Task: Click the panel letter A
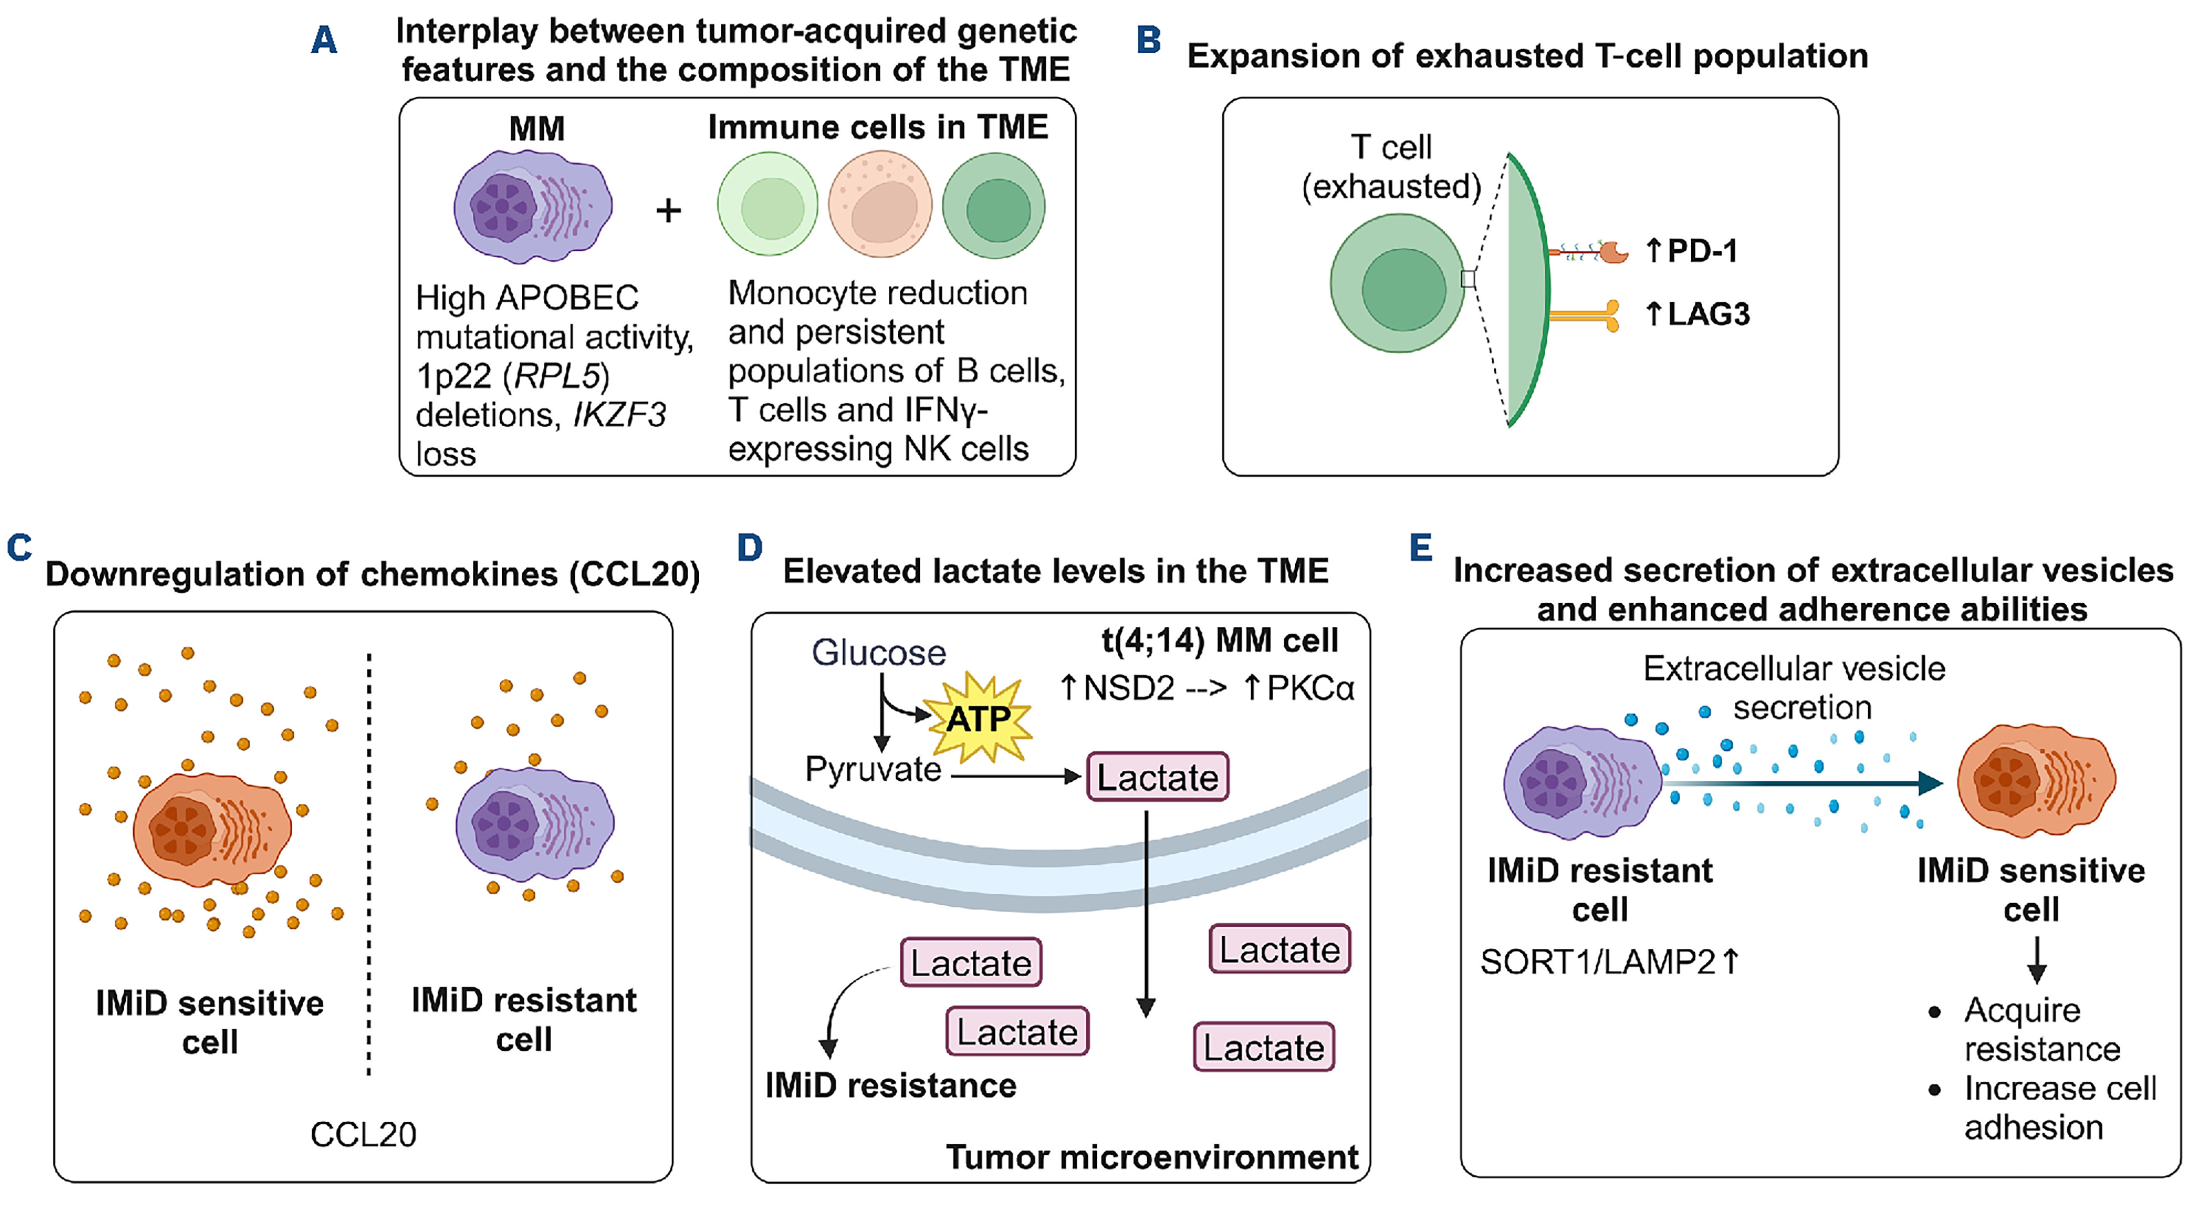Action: pyautogui.click(x=324, y=40)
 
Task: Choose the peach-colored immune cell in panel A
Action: pyautogui.click(x=880, y=205)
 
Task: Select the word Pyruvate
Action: pyautogui.click(x=873, y=769)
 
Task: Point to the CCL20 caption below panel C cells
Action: pyautogui.click(x=363, y=1134)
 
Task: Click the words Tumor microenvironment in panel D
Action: pyautogui.click(x=1152, y=1156)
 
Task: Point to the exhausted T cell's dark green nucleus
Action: pyautogui.click(x=1403, y=289)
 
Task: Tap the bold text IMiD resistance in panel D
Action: pyautogui.click(x=890, y=1086)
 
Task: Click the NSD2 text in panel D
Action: pyautogui.click(x=1129, y=688)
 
